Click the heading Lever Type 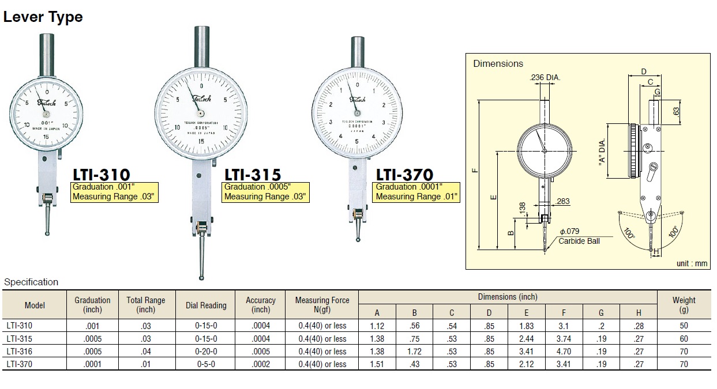[x=43, y=17]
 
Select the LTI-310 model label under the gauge [x=101, y=174]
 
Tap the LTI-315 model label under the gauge [x=253, y=174]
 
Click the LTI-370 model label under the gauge [x=404, y=174]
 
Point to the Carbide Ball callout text [x=579, y=241]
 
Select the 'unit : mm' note [x=692, y=263]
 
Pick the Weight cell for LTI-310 [x=684, y=326]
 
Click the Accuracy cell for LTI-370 [x=261, y=364]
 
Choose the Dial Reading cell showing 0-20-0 [x=206, y=352]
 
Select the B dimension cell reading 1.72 [x=414, y=352]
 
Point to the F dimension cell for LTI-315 [x=564, y=339]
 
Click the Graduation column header [x=92, y=305]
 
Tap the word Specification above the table [x=31, y=282]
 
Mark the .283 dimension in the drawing [x=563, y=201]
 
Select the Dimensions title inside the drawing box [x=498, y=64]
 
